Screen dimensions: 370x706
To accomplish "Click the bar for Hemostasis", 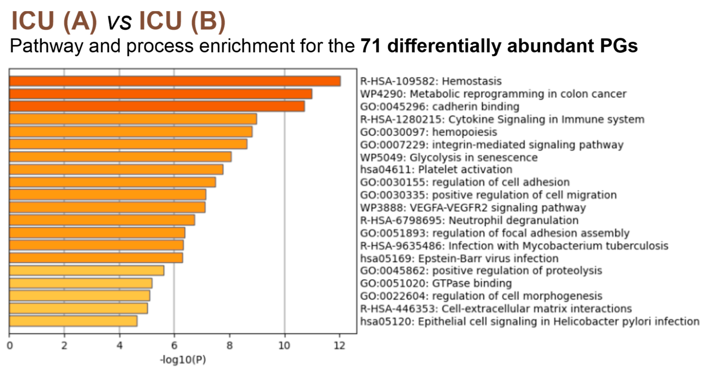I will point(175,81).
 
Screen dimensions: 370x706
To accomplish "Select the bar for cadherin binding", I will point(157,106).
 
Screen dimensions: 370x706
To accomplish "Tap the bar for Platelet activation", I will point(116,169).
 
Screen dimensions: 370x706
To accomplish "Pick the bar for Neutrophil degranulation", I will point(102,220).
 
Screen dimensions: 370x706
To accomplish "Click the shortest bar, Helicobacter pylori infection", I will point(73,321).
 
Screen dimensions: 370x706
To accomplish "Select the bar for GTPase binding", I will point(81,283).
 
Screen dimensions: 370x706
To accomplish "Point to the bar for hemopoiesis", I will point(131,132).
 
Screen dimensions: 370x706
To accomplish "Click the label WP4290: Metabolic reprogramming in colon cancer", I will point(493,94).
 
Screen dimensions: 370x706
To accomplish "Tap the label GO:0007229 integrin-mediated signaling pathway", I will point(491,145).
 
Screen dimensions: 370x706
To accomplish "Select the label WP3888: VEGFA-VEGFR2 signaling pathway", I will point(473,208).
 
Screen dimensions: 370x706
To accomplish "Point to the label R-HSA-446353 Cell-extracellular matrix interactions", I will point(496,309).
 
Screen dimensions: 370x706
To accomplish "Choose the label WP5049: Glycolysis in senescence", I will point(449,157).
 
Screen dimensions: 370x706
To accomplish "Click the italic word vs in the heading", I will point(119,22).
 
